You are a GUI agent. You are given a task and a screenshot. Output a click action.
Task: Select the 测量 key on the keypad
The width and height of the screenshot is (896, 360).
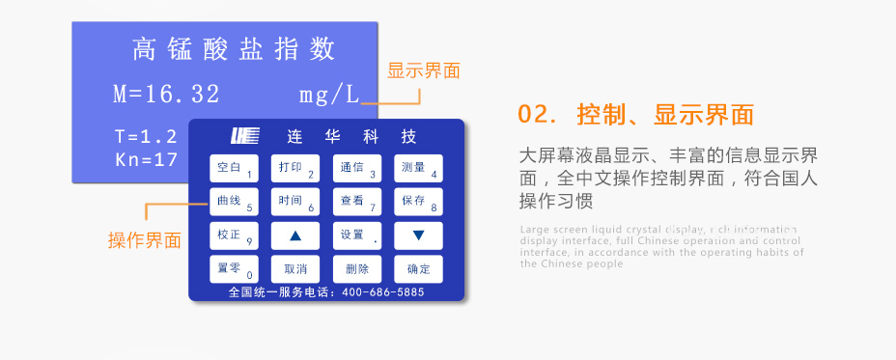coord(418,168)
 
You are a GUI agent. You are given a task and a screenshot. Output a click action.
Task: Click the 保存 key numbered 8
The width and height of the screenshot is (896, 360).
coord(418,202)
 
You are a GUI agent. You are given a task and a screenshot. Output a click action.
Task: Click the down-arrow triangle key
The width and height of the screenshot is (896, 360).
coord(418,235)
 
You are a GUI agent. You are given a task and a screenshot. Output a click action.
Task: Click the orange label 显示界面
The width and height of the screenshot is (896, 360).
coord(424,70)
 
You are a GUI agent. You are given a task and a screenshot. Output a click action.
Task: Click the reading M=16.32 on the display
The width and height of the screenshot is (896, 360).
coord(166,95)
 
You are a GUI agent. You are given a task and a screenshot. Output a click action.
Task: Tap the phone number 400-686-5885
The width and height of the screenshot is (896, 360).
coord(382,292)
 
